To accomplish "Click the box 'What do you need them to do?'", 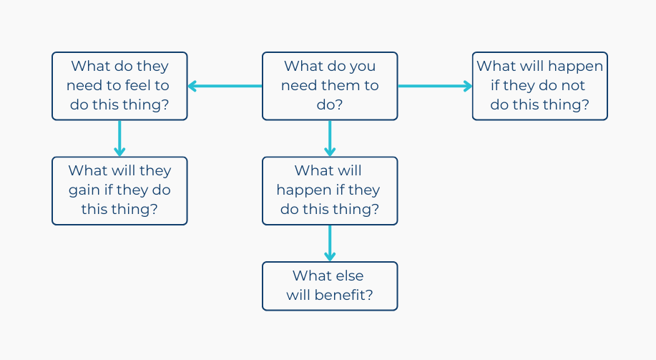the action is (330, 86).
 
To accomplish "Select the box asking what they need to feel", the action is (119, 86).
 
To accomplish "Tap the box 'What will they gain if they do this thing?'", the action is (119, 191).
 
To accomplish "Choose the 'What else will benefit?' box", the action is (330, 286).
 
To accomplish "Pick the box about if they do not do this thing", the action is (539, 86).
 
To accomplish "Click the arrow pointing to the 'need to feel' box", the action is (225, 86).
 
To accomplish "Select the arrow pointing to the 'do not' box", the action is (435, 86).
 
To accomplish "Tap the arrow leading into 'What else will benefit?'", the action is (330, 243).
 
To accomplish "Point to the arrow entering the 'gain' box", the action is (119, 139).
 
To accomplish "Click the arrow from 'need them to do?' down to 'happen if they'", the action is (330, 139).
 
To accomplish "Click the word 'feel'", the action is (138, 85).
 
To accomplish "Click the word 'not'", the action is (573, 86).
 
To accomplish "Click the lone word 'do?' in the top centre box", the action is (330, 104).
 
